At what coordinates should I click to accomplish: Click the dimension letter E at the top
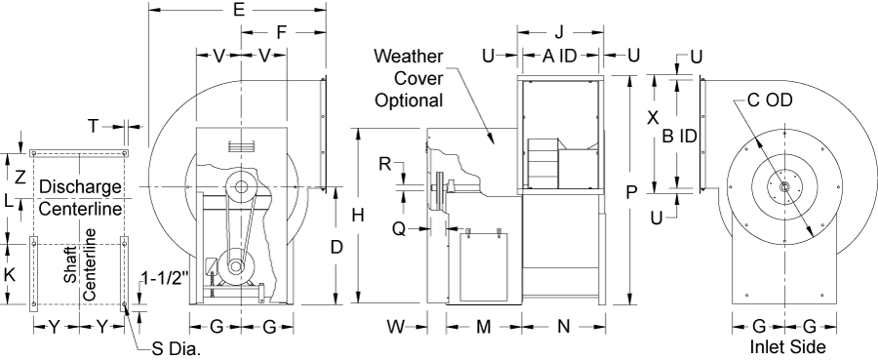point(239,10)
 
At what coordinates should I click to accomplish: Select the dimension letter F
point(282,32)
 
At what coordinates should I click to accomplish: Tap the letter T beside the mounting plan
point(94,127)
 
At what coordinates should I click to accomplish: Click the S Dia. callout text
point(176,349)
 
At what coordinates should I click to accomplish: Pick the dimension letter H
point(359,215)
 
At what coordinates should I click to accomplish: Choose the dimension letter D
point(336,247)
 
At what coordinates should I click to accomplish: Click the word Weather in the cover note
point(409,56)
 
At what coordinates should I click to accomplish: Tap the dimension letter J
point(559,32)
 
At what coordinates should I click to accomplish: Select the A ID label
point(560,56)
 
